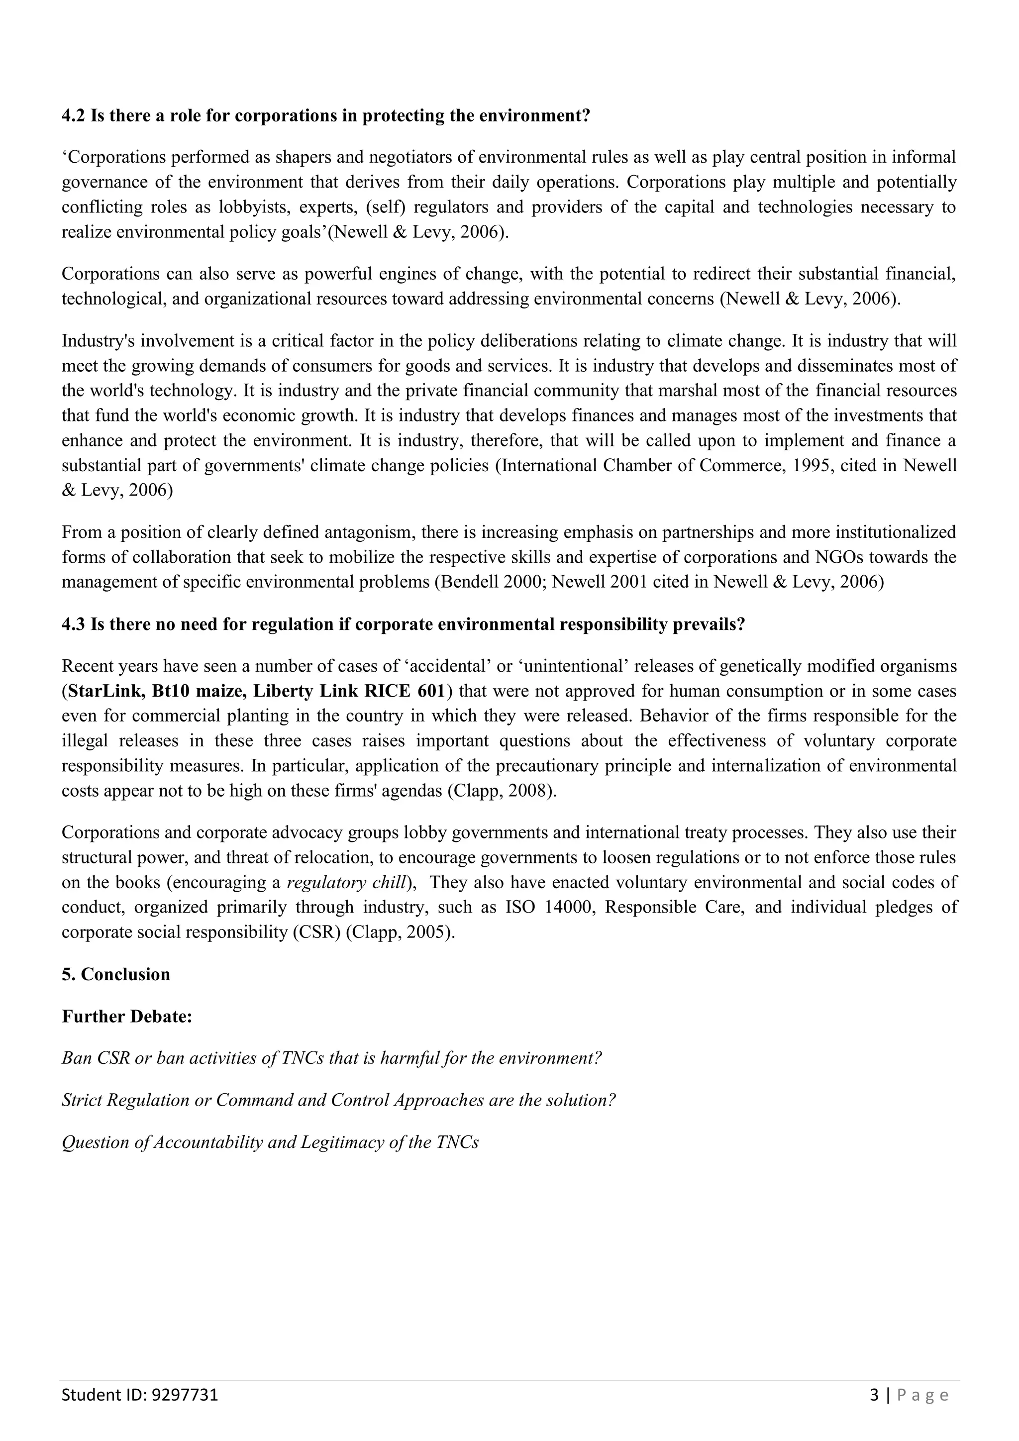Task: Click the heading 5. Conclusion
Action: coord(116,974)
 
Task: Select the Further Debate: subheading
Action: coord(127,1016)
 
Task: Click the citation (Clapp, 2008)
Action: coord(502,791)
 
